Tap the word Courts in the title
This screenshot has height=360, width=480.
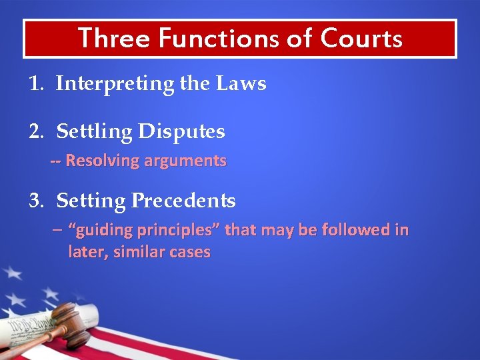point(361,38)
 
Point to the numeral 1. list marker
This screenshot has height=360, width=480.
point(37,84)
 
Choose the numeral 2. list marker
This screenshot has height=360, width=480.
point(37,131)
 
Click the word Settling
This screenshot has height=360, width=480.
point(95,131)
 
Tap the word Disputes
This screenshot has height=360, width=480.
point(181,131)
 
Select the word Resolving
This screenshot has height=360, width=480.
point(102,161)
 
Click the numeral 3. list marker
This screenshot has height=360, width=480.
point(37,201)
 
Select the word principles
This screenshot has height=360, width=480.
point(178,231)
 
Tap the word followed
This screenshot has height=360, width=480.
point(357,231)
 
